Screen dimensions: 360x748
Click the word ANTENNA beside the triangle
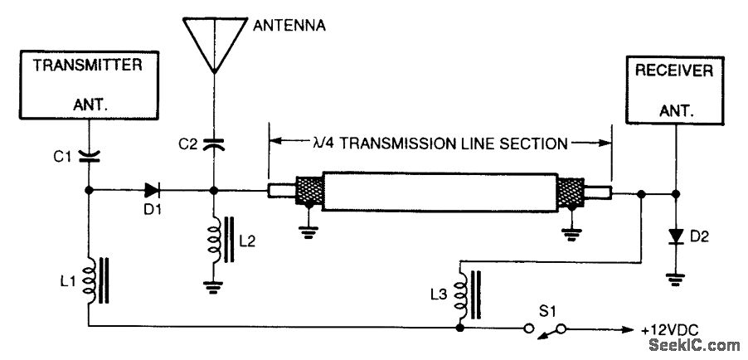tap(288, 26)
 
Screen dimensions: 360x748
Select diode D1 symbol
tap(150, 190)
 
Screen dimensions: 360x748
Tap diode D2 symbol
tap(676, 237)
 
